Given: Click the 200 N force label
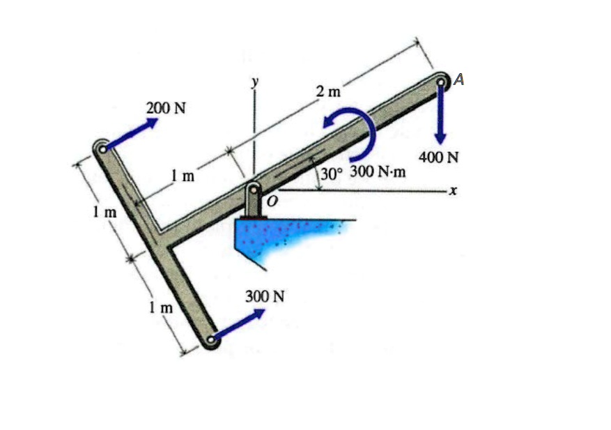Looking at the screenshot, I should pos(166,109).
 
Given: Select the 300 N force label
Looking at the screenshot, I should pos(265,296).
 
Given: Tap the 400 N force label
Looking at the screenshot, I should pos(439,158).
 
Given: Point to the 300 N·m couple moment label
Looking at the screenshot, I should pos(378,171).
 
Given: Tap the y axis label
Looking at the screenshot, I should pos(255,82).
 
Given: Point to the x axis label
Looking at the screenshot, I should pos(453,190).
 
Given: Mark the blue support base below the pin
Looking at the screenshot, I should pos(286,238).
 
